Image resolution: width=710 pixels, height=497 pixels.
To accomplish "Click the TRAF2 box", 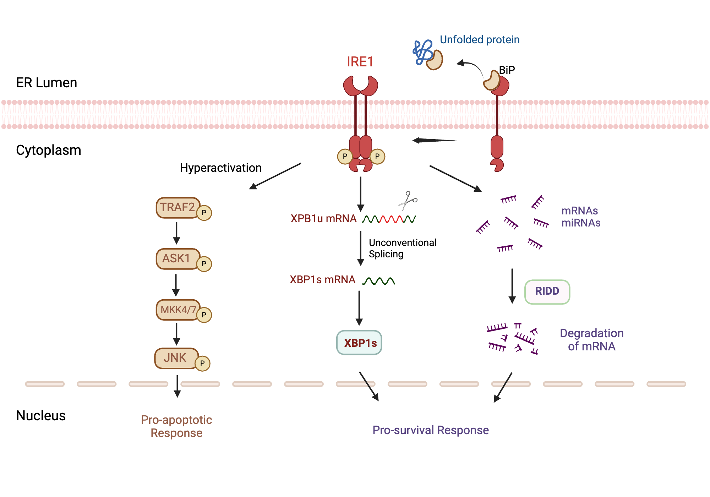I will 177,208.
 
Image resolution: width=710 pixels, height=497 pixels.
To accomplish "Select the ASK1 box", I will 176,259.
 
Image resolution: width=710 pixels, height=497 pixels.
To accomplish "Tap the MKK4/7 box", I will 177,310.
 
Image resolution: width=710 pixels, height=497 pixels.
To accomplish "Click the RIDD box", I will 547,292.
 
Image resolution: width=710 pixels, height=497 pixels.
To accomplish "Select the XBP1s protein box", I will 359,343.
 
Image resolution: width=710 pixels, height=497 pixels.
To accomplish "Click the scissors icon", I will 407,201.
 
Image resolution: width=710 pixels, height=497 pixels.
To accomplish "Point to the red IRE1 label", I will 360,62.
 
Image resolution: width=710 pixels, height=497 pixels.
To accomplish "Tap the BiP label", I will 507,70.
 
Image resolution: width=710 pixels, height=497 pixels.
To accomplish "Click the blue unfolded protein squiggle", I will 422,53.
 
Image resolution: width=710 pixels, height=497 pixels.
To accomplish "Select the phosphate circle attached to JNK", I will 203,364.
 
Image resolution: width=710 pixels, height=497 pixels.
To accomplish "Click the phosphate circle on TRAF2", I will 204,213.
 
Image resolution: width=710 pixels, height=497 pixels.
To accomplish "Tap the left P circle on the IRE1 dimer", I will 345,157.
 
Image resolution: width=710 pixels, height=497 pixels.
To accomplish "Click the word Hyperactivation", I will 220,168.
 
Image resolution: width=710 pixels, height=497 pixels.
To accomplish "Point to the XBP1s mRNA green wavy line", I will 378,281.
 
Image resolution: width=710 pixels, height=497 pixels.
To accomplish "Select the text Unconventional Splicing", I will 402,248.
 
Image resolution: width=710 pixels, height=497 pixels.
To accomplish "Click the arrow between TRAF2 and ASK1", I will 176,233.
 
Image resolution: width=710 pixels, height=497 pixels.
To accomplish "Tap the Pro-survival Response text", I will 430,430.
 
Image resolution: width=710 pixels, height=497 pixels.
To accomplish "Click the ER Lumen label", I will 47,83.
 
